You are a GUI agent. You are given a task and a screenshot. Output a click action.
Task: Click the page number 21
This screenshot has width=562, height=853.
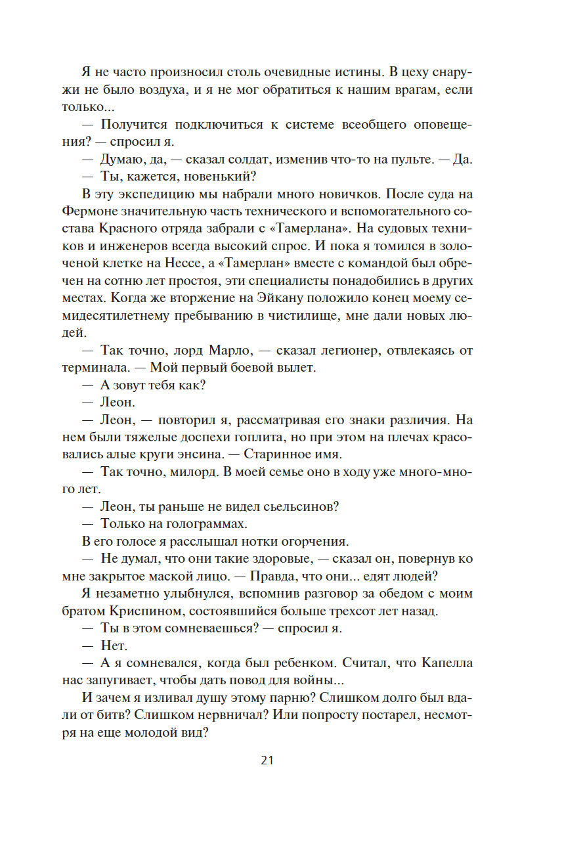(x=267, y=760)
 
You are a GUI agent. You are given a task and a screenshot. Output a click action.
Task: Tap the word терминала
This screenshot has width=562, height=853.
(x=98, y=367)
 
